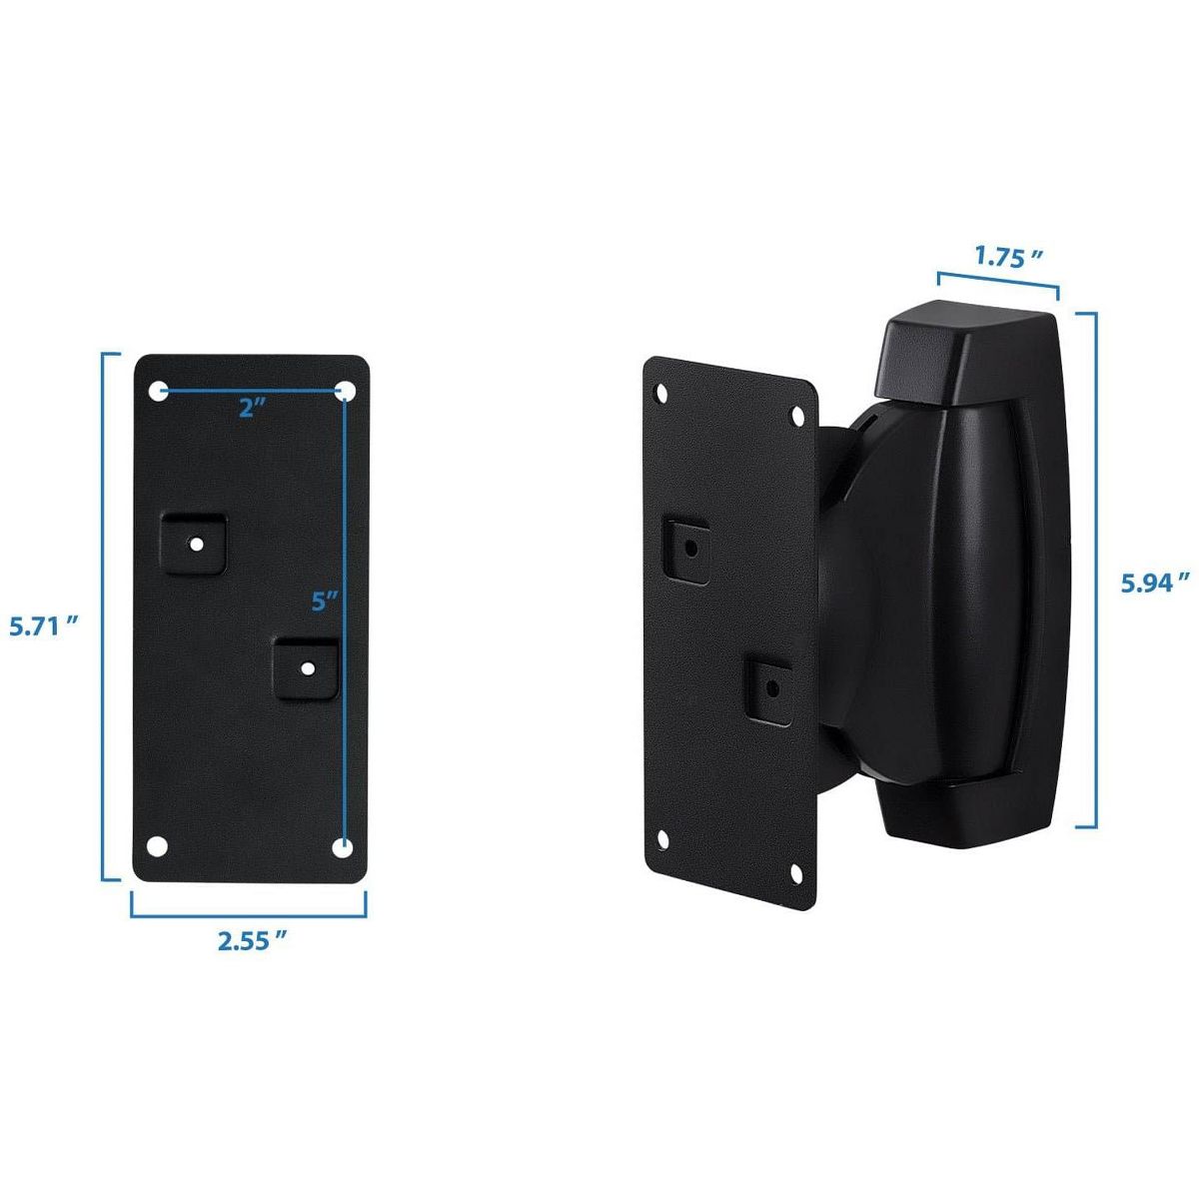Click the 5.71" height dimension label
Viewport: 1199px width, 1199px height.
(x=45, y=625)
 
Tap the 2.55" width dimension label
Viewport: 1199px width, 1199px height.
(x=253, y=940)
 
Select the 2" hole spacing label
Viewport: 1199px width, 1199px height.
(x=252, y=409)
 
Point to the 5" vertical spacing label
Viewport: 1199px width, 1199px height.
(x=324, y=600)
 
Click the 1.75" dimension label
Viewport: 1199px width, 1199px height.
(x=1008, y=257)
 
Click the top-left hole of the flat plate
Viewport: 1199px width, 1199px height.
(x=159, y=392)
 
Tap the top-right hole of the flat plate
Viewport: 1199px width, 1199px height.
(x=345, y=392)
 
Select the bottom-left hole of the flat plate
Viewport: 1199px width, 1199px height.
(x=157, y=846)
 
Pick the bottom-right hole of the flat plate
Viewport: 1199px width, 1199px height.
(x=343, y=847)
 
